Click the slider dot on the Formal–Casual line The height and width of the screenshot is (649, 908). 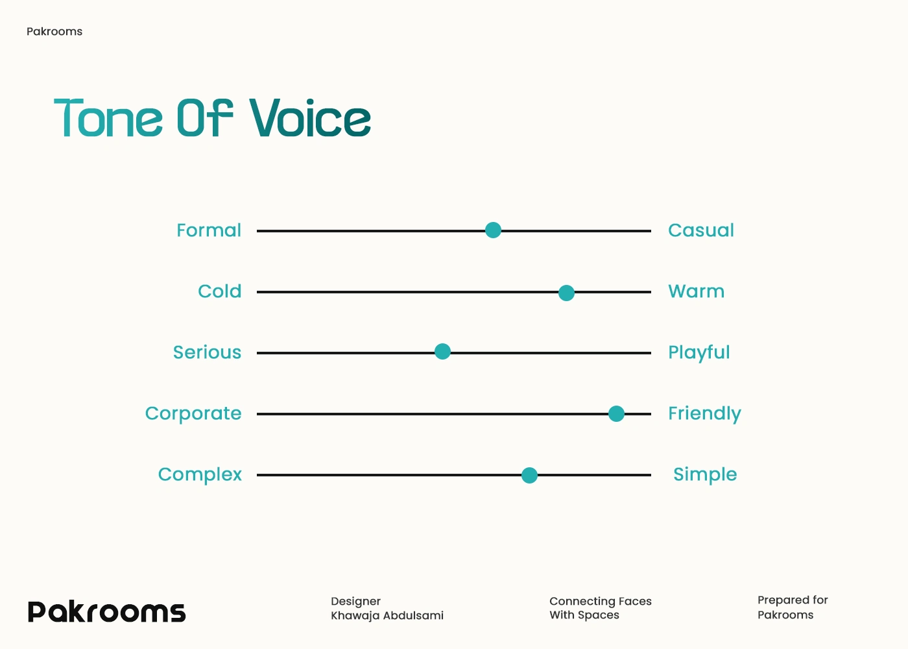(x=493, y=230)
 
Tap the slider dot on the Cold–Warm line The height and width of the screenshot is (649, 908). (x=566, y=293)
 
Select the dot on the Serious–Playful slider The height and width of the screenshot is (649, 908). (x=442, y=351)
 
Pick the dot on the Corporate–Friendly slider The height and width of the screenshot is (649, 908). (x=616, y=414)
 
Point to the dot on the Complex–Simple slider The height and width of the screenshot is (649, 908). (x=529, y=475)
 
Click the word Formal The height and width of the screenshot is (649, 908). (x=209, y=230)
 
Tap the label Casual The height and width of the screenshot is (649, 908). (x=701, y=230)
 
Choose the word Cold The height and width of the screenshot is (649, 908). (x=220, y=291)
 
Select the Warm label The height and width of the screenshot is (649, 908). (x=696, y=291)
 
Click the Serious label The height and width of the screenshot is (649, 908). (x=207, y=352)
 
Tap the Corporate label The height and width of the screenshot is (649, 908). (x=193, y=414)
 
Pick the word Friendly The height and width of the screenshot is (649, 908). (x=704, y=414)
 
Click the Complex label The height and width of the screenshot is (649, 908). (x=200, y=475)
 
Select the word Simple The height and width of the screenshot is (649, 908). (x=705, y=475)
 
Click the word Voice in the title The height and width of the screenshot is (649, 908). (x=310, y=117)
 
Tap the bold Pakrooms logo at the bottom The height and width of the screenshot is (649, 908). (x=106, y=611)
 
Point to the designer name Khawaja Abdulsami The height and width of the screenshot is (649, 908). (x=387, y=616)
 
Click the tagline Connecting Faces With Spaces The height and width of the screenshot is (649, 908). (x=601, y=608)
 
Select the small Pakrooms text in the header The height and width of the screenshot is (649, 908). (x=54, y=32)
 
